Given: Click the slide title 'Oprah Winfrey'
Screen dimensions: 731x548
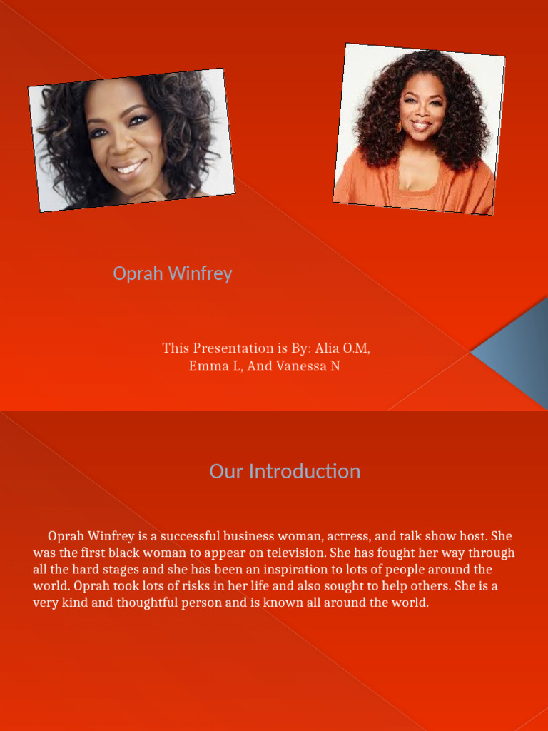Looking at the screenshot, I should [173, 273].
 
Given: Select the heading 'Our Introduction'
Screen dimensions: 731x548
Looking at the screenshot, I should [285, 471].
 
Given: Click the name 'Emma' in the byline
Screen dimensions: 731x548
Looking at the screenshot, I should [205, 366].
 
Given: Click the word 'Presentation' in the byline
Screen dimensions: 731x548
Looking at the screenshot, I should [233, 348].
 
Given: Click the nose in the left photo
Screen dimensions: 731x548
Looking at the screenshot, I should [123, 146].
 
